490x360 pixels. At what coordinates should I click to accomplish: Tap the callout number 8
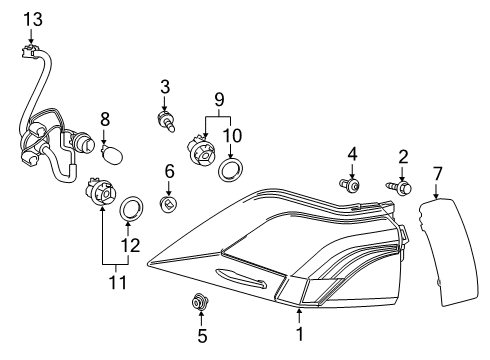coord(104,118)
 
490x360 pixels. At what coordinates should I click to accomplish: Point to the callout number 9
coord(219,101)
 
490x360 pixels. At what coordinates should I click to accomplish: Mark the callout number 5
coord(201,336)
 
